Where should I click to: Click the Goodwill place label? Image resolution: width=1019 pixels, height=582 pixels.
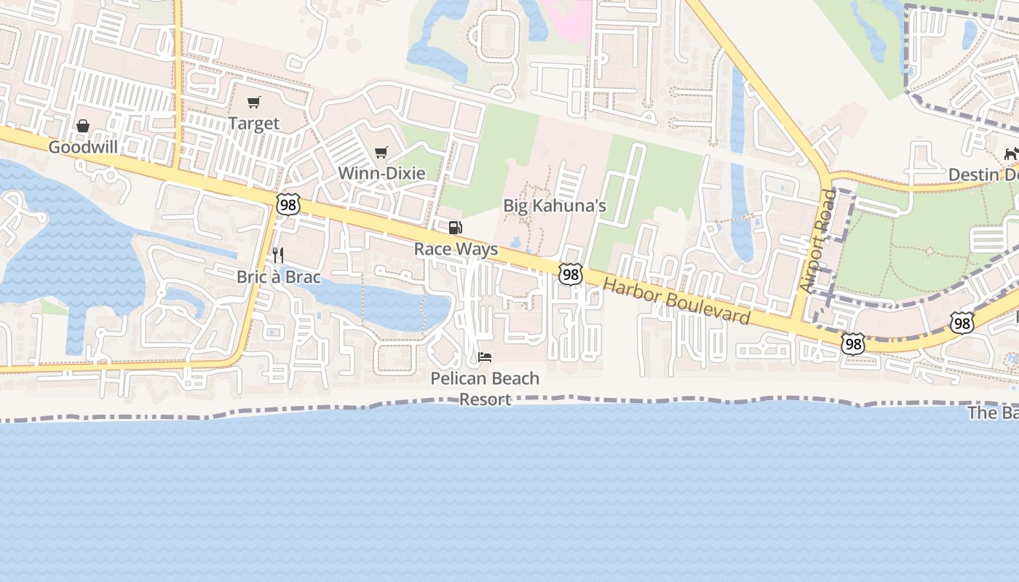[83, 148]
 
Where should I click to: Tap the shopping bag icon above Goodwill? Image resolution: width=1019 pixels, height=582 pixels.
[83, 127]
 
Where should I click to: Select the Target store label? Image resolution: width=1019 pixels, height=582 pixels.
[253, 123]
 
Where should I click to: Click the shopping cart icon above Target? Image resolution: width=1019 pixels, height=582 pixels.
[253, 103]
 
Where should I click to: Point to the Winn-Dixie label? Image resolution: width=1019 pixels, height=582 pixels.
[381, 174]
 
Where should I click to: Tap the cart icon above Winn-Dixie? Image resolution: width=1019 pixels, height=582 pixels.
[381, 152]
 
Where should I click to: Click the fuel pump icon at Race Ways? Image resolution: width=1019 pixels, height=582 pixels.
[455, 228]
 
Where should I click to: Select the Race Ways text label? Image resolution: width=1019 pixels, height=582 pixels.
[456, 249]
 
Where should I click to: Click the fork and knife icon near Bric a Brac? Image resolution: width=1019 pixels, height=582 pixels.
[277, 255]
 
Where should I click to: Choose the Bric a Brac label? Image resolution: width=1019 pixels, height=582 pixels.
[278, 276]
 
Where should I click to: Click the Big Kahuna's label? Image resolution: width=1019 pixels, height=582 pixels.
[555, 206]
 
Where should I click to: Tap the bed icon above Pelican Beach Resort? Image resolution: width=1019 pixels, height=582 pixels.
[485, 356]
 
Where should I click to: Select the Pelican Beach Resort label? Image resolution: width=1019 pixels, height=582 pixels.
[485, 388]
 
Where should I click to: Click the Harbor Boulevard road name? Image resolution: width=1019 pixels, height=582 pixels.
[677, 301]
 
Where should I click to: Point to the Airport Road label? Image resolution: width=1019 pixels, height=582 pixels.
[817, 242]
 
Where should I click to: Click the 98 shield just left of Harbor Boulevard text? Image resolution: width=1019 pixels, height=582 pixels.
[571, 274]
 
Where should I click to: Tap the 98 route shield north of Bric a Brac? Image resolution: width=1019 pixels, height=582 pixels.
[288, 205]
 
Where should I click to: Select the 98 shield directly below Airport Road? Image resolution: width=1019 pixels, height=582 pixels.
[852, 343]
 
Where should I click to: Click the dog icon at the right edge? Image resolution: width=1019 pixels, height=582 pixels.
[1011, 154]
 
